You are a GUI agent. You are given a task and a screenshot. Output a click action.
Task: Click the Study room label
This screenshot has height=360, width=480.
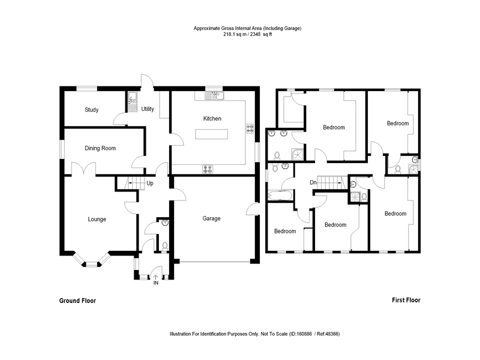coord(91,110)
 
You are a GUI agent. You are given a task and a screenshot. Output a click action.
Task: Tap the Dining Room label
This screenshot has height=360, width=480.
coord(100,148)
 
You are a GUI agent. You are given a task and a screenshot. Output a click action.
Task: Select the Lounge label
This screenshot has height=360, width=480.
coord(97,220)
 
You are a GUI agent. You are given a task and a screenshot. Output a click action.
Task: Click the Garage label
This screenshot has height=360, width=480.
coord(211,219)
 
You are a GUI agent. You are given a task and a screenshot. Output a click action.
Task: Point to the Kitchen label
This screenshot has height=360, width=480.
coord(212,119)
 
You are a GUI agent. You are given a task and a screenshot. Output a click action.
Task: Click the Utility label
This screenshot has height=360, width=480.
coord(148,109)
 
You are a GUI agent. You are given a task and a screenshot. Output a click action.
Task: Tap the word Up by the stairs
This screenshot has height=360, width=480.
coord(149,184)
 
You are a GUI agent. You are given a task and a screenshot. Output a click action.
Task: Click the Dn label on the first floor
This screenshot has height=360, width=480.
coord(313,182)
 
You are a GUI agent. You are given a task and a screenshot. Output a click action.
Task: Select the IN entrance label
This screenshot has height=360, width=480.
coord(156,282)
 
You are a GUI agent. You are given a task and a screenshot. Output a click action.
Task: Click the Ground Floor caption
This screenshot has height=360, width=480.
coord(77,301)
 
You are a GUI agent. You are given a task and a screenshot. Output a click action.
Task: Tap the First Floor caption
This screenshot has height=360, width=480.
coord(403,300)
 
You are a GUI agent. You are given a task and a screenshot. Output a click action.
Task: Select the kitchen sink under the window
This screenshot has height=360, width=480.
coord(213,95)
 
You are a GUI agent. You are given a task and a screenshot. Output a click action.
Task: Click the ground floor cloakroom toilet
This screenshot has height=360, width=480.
coord(165,245)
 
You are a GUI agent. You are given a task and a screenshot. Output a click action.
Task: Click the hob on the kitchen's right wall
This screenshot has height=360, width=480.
coord(250,128)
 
